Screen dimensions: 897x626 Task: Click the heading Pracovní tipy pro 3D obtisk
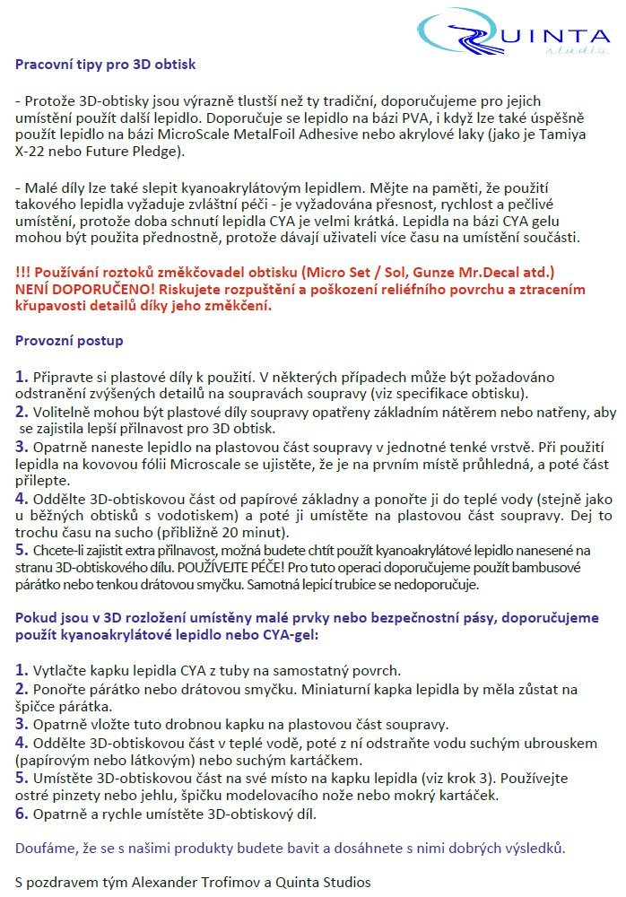tap(105, 65)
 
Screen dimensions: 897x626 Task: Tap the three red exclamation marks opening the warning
tap(24, 271)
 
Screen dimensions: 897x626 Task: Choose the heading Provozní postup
tap(69, 341)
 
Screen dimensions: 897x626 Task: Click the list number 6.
tap(22, 814)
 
